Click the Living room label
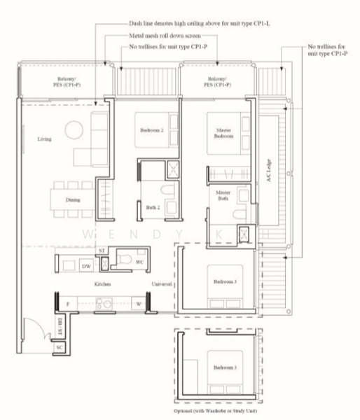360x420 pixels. [x=44, y=139]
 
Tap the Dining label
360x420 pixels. [x=73, y=200]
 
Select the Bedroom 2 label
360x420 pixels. [x=152, y=130]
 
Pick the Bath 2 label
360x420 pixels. [x=153, y=207]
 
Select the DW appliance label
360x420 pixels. [x=85, y=267]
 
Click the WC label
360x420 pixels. [x=139, y=262]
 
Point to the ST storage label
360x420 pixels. [x=102, y=250]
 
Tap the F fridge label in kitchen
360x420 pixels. [x=67, y=304]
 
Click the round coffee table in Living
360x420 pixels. [x=74, y=131]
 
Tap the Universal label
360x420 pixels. [x=163, y=285]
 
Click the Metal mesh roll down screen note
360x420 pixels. [x=163, y=34]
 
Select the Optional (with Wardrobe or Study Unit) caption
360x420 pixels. [x=215, y=412]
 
